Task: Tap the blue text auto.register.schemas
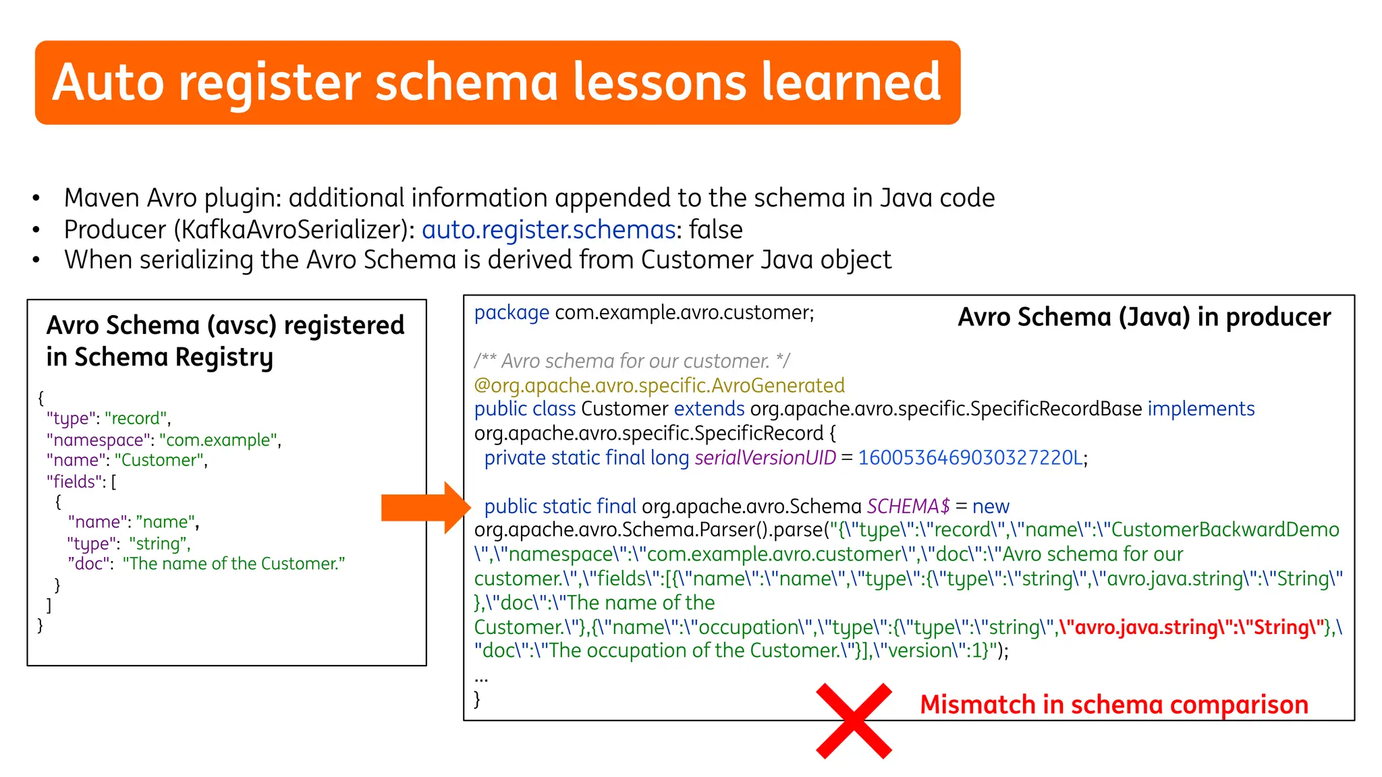548,230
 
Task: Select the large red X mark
854,720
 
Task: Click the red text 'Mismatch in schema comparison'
1113,705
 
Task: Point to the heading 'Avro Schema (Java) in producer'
1144,317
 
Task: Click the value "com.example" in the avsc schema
219,440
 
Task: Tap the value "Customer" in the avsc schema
159,461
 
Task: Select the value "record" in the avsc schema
136,419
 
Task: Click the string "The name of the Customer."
233,564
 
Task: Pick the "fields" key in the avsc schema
75,482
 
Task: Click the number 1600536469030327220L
970,458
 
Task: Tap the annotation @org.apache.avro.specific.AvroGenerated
659,386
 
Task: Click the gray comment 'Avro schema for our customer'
632,362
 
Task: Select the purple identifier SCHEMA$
908,507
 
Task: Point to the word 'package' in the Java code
511,313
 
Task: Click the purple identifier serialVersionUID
765,458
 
